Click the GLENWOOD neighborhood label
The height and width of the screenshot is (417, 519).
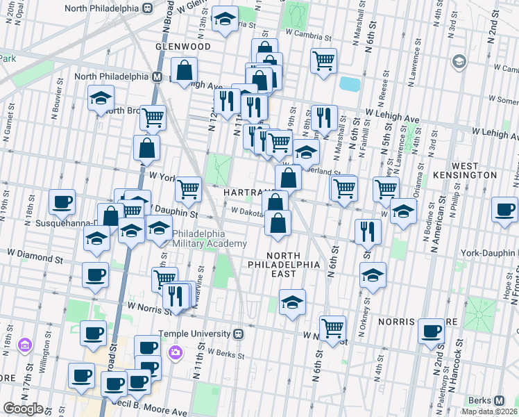pyautogui.click(x=183, y=47)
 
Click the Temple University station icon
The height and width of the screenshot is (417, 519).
pyautogui.click(x=239, y=334)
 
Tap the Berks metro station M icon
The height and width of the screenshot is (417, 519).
pyautogui.click(x=499, y=400)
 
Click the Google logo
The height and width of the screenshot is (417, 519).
pyautogui.click(x=23, y=409)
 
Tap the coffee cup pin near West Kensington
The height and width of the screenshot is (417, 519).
pyautogui.click(x=504, y=208)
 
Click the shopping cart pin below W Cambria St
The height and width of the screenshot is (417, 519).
pyautogui.click(x=323, y=61)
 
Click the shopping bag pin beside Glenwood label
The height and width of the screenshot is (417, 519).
pyautogui.click(x=184, y=70)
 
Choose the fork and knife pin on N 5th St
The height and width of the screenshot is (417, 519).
pyautogui.click(x=368, y=231)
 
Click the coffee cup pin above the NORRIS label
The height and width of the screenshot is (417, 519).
pyautogui.click(x=431, y=331)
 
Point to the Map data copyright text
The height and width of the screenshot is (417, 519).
pyautogui.click(x=489, y=411)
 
